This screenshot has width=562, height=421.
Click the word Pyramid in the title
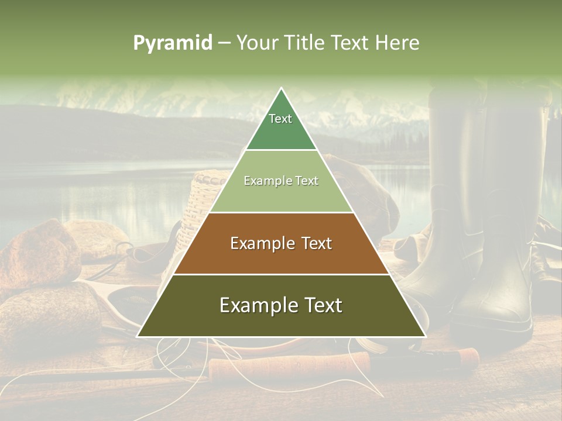click(x=172, y=43)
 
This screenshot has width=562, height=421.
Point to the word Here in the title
click(x=397, y=43)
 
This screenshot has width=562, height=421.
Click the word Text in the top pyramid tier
click(x=280, y=119)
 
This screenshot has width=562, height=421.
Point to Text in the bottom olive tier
click(x=321, y=305)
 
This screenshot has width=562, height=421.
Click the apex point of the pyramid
click(x=281, y=89)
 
